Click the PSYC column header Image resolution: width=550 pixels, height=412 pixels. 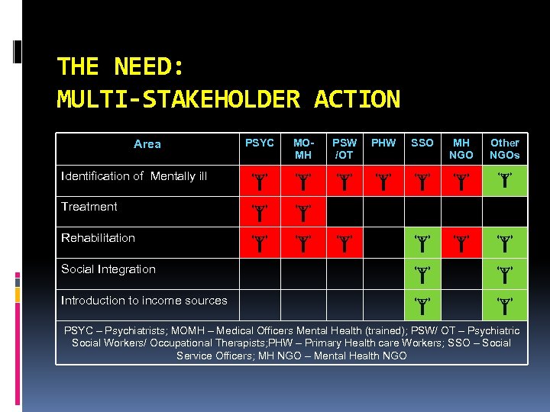pos(260,143)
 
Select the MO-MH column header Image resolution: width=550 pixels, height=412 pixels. pos(303,149)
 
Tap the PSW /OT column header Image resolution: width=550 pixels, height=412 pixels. pos(345,149)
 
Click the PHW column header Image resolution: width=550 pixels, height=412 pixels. pos(383,143)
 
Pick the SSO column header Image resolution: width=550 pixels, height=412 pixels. pos(422,143)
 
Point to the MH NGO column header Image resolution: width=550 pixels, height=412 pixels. pos(461,149)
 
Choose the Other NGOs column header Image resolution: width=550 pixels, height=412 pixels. pos(504,149)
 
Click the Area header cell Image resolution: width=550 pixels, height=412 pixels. pos(147,144)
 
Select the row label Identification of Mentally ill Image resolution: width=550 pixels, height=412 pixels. pos(134,176)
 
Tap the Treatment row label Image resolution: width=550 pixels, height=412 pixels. pos(89,207)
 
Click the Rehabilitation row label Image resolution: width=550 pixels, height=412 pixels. pos(98,238)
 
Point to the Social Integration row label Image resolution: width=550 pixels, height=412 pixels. pos(108,269)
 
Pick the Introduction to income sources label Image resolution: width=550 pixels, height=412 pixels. pos(144,301)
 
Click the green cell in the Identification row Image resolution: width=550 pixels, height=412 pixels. pos(504,181)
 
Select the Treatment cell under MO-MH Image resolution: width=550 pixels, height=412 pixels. pos(303,211)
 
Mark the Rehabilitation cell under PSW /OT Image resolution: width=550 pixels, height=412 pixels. pos(345,243)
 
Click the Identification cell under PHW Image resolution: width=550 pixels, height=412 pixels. pos(383,181)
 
